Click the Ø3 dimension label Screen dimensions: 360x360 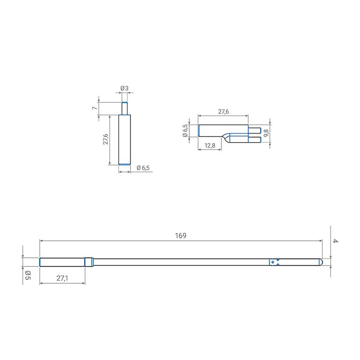tap(124, 88)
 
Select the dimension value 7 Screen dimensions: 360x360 tap(94, 108)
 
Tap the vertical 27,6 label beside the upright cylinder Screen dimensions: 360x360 tap(106, 139)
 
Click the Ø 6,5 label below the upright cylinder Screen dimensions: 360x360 tap(143, 168)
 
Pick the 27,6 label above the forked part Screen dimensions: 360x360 tap(223, 112)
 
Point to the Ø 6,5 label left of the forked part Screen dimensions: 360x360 tap(186, 130)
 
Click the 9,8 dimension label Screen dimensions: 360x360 tap(266, 133)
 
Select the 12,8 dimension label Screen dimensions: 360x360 tap(210, 146)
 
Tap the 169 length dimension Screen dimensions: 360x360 tap(180, 236)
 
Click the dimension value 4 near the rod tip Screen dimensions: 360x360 tap(335, 241)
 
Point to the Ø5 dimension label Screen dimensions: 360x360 tap(28, 275)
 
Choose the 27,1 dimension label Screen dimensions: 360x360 tap(62, 278)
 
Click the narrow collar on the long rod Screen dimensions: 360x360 tap(89, 262)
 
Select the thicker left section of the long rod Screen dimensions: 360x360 tap(62, 262)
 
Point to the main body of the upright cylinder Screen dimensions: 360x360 tap(124, 139)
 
